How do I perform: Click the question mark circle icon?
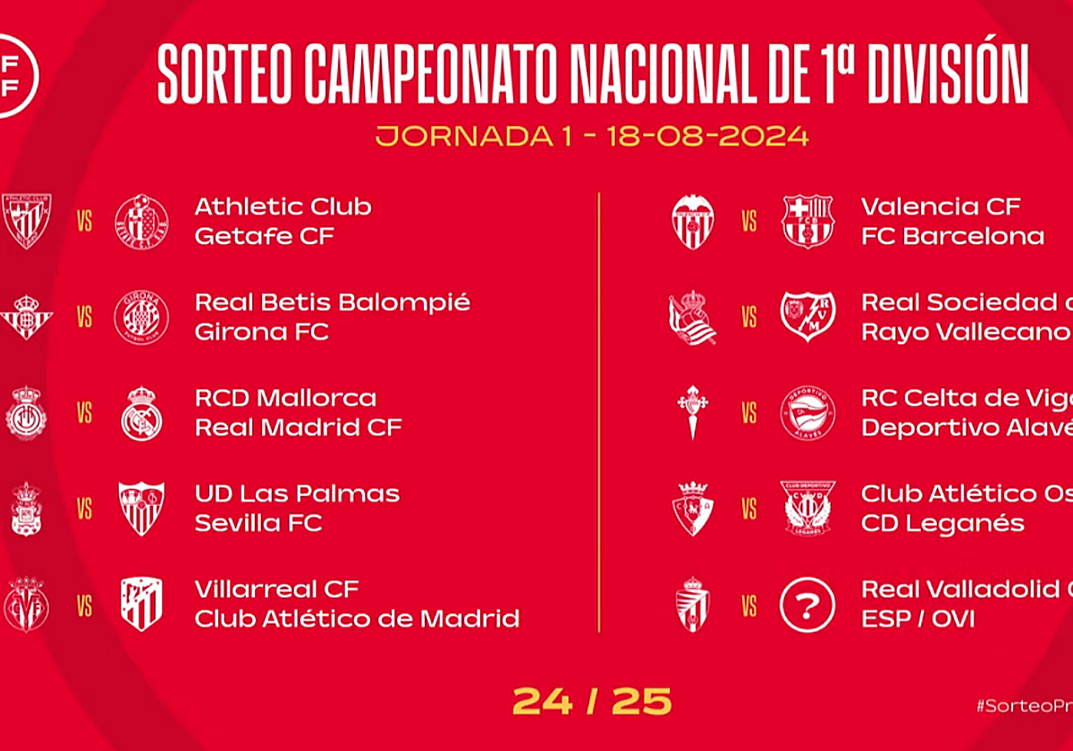point(807,605)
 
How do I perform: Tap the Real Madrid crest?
point(141,413)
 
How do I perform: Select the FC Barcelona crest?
point(807,221)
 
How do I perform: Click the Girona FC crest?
point(141,317)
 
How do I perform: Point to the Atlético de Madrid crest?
point(141,604)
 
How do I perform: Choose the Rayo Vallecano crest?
point(807,316)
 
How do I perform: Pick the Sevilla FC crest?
point(141,508)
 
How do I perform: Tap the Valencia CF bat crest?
point(693,221)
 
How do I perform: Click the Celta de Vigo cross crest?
point(693,412)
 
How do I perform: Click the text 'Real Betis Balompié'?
point(333,302)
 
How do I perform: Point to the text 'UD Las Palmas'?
point(297,494)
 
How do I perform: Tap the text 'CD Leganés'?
point(942,523)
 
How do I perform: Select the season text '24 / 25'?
point(592,702)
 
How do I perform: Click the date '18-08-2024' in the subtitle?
point(706,137)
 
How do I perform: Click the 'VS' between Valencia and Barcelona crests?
point(749,221)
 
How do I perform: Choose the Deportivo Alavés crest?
point(807,413)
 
